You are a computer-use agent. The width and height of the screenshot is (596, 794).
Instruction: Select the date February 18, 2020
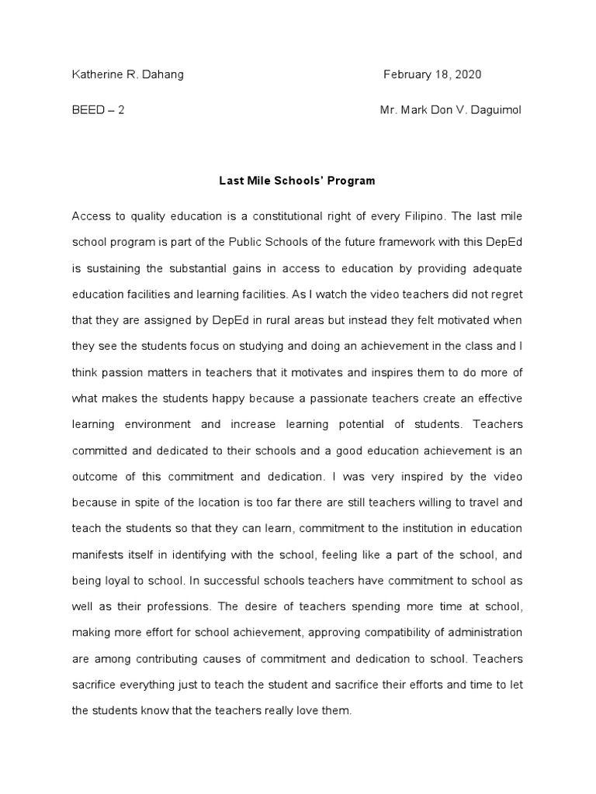coord(432,74)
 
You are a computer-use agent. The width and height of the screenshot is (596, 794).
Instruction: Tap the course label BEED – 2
coord(98,109)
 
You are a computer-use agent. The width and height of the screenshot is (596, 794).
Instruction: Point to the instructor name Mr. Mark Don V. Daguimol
coord(451,109)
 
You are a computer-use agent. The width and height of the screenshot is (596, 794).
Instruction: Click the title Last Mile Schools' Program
coord(297,181)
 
